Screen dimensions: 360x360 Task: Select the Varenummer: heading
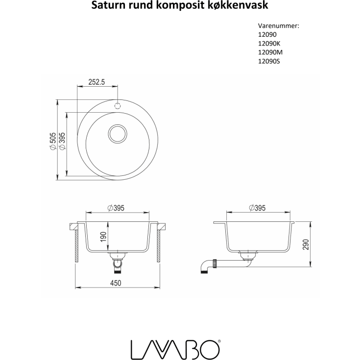[x=278, y=26]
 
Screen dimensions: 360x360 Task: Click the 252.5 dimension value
[x=97, y=82]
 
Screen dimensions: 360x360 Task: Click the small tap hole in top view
[x=117, y=105]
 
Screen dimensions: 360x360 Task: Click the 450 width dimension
[x=116, y=283]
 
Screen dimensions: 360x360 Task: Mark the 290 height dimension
[x=306, y=245]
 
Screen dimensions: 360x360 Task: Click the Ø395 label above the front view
[x=116, y=208]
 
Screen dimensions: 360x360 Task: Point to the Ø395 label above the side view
[x=257, y=208]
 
